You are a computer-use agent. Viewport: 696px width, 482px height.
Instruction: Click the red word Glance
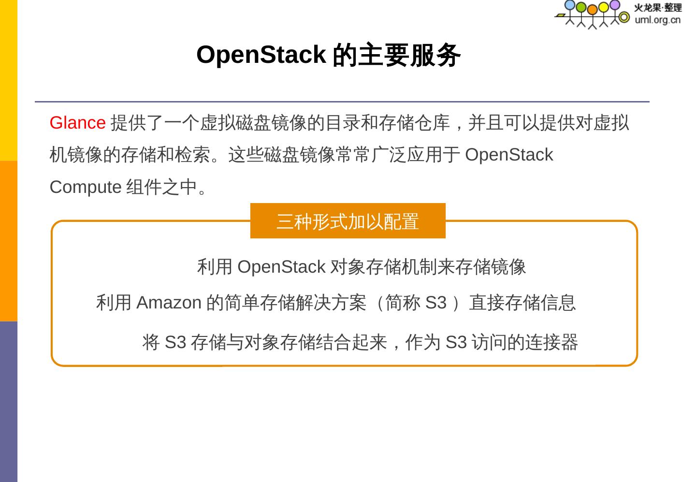[x=77, y=123]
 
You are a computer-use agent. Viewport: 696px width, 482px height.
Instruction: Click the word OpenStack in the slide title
[x=261, y=55]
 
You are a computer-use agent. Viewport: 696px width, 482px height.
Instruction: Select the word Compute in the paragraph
[x=86, y=187]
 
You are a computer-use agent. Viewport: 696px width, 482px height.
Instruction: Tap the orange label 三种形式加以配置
[x=348, y=221]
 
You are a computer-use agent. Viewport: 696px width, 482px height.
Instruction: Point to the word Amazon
[x=169, y=303]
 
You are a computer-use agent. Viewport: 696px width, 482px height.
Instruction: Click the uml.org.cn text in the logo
[x=657, y=20]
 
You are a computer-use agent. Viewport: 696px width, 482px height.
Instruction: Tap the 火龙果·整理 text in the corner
[x=657, y=8]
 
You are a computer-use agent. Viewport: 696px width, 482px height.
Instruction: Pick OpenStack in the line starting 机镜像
[x=508, y=155]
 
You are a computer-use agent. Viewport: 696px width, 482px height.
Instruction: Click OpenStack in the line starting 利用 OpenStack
[x=281, y=267]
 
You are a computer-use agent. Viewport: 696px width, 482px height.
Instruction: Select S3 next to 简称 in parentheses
[x=435, y=303]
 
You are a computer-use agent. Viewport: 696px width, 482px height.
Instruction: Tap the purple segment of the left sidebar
[x=9, y=401]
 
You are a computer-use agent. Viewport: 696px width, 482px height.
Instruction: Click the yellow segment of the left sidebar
[x=9, y=80]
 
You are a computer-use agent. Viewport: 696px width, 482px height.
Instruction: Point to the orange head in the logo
[x=592, y=10]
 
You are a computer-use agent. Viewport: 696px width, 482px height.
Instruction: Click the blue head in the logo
[x=570, y=5]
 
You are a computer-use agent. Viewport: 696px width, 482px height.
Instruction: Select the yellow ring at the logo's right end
[x=624, y=17]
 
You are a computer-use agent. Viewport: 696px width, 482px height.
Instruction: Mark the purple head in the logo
[x=614, y=5]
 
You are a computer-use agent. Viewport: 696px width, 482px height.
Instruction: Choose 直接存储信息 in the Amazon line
[x=522, y=303]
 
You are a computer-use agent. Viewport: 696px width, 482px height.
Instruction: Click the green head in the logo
[x=581, y=7]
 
